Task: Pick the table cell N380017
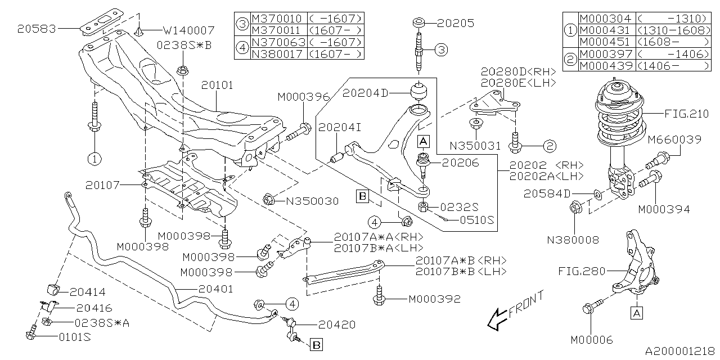(x=277, y=54)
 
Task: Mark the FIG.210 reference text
(x=687, y=114)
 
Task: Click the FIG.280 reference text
(x=582, y=271)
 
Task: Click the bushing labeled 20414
(x=51, y=289)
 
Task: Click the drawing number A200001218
(x=680, y=352)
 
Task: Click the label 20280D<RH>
(x=518, y=71)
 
